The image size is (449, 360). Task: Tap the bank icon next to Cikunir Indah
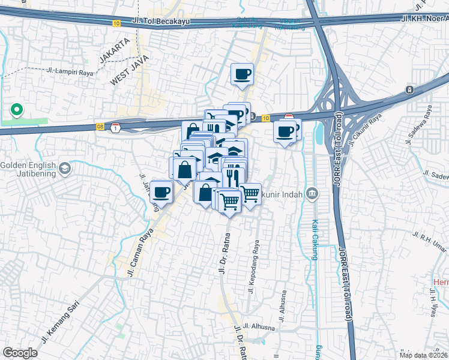pos(312,193)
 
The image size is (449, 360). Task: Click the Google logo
pos(20,353)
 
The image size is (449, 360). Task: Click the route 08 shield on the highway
pos(100,127)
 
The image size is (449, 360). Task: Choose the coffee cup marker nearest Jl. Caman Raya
pos(161,192)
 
